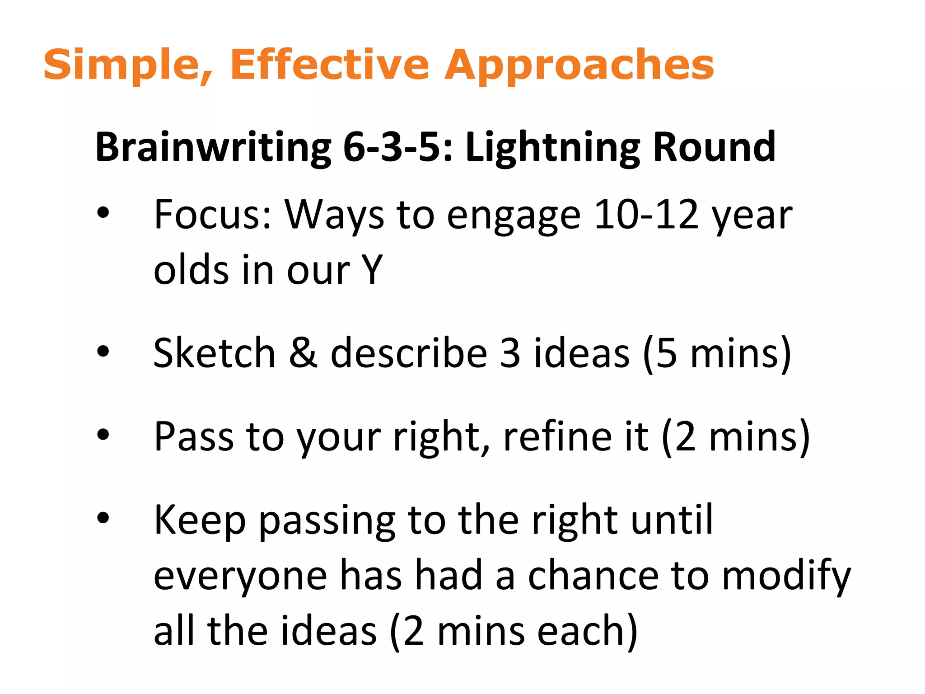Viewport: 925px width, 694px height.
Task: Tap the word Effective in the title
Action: click(x=330, y=65)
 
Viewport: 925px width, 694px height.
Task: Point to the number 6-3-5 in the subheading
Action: click(x=391, y=147)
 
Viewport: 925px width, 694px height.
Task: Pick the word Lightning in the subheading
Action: click(x=552, y=147)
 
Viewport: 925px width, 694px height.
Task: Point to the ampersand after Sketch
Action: click(x=303, y=353)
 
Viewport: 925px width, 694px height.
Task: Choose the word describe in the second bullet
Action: click(x=409, y=353)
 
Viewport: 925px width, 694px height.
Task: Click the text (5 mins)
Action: click(x=717, y=354)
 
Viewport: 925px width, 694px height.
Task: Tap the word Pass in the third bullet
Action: click(x=194, y=436)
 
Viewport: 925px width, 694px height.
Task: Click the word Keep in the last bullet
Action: click(x=200, y=520)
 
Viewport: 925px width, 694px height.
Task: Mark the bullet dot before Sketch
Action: click(x=103, y=352)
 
